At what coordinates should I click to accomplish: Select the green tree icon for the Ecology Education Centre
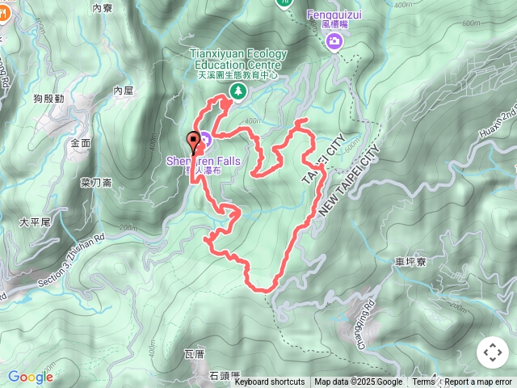click(238, 91)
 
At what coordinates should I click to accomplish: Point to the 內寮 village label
click(102, 8)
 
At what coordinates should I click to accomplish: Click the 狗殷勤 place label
click(49, 98)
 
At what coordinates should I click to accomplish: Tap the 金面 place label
click(81, 142)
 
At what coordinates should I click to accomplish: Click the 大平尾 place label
click(36, 221)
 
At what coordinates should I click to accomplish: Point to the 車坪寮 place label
click(411, 262)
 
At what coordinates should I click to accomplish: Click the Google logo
click(30, 377)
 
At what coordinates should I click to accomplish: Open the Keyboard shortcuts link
click(270, 382)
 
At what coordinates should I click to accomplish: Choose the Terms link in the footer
click(423, 382)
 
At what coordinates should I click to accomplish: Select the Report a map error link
click(480, 382)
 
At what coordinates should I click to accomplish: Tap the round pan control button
click(493, 352)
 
